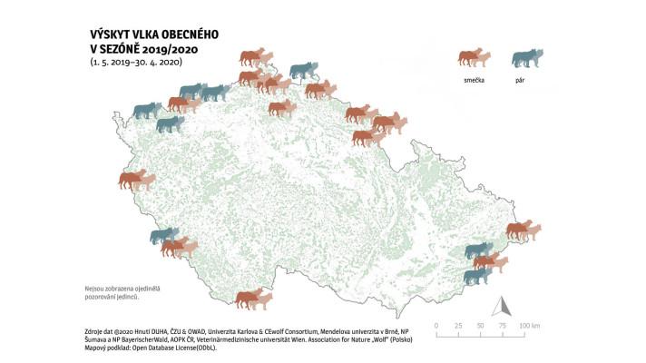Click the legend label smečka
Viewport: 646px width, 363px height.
[474, 79]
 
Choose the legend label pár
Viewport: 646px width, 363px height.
[526, 79]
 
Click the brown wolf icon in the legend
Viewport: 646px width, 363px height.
[474, 58]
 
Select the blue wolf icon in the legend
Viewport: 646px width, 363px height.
[526, 58]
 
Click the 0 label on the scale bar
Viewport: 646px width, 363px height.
[436, 325]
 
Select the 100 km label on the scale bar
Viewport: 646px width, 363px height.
[530, 325]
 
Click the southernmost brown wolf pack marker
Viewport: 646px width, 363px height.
[253, 298]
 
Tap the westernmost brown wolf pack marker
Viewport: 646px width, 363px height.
[132, 179]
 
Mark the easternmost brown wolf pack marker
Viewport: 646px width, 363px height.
[522, 230]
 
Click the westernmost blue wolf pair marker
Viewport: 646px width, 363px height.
[146, 111]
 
